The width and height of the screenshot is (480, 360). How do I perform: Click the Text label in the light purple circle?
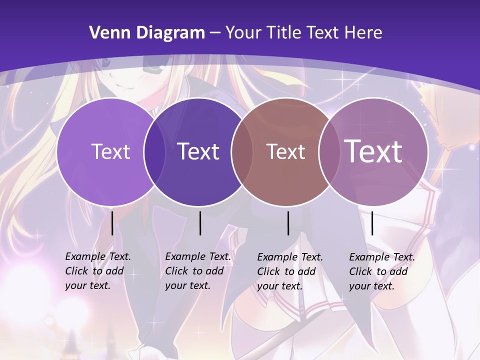pyautogui.click(x=110, y=151)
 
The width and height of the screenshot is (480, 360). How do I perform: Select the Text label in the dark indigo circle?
pyautogui.click(x=198, y=151)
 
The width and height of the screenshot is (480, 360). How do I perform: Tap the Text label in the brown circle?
pyautogui.click(x=285, y=152)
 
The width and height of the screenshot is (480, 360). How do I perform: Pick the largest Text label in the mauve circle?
pyautogui.click(x=373, y=151)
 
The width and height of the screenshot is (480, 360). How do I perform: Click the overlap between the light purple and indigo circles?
pyautogui.click(x=154, y=152)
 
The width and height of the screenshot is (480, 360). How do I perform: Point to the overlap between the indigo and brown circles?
pyautogui.click(x=242, y=152)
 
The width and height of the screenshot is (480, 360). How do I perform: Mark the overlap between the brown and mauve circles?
pyautogui.click(x=329, y=152)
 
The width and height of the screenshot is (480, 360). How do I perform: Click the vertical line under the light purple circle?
pyautogui.click(x=112, y=223)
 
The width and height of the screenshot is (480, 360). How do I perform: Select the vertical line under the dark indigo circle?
pyautogui.click(x=200, y=223)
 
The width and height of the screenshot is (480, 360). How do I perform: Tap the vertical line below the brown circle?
pyautogui.click(x=288, y=223)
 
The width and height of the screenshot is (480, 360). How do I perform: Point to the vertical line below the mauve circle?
pyautogui.click(x=372, y=223)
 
